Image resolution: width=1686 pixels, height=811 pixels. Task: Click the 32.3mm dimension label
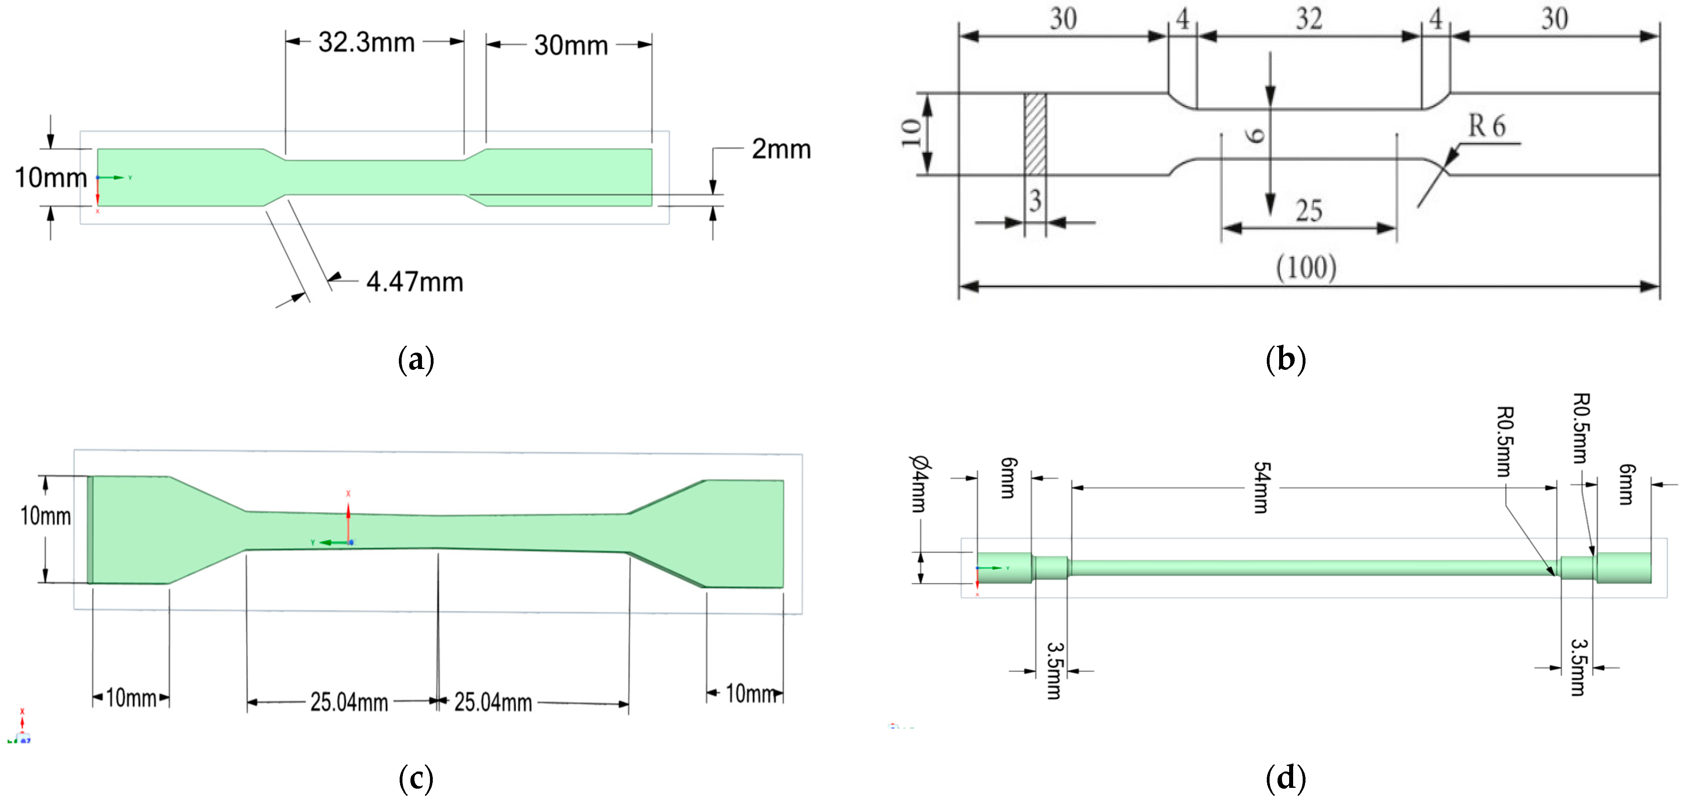click(367, 43)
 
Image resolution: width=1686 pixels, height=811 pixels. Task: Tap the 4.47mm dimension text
click(414, 282)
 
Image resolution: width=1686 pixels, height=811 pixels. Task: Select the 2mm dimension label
click(781, 149)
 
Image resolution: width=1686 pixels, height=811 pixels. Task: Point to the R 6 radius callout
click(1487, 126)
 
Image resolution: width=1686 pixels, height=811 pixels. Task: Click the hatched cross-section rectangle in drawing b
click(1035, 134)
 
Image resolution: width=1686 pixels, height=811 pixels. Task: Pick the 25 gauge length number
click(1309, 211)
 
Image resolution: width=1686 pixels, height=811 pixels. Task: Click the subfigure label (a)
click(416, 360)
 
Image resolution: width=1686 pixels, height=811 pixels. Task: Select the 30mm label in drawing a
click(571, 45)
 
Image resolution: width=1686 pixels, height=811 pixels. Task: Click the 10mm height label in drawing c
click(46, 516)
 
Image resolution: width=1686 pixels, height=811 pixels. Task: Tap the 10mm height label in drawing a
click(50, 178)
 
